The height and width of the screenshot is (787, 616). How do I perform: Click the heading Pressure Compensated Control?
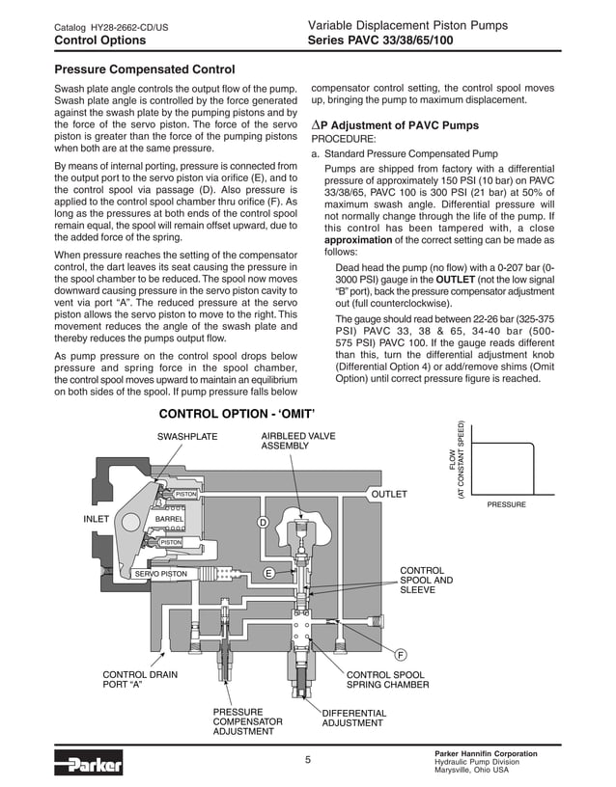point(145,69)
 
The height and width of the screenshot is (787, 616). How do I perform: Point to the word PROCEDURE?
point(343,139)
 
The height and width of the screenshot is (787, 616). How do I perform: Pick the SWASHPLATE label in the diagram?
point(187,437)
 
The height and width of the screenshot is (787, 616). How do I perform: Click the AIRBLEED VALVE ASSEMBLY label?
point(298,442)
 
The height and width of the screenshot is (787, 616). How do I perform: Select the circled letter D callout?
point(262,522)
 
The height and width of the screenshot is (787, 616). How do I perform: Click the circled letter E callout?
point(269,573)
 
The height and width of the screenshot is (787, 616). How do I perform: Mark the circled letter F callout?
point(400,655)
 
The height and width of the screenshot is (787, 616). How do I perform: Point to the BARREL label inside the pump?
point(169,519)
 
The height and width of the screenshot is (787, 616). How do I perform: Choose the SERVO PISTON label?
point(160,574)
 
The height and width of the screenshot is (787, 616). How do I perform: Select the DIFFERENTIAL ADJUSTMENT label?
point(353,718)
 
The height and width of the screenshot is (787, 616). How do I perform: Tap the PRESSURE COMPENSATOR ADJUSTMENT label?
point(247,721)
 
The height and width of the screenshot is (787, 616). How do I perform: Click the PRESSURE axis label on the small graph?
point(506,504)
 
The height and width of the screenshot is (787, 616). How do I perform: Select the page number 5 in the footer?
point(308,760)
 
